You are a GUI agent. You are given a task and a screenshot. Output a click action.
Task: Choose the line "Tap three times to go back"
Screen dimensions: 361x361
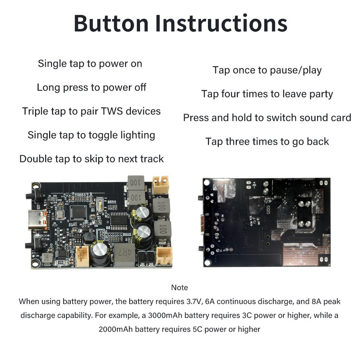[x=267, y=142]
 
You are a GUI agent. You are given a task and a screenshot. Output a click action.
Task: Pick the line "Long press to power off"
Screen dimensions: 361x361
[x=91, y=87]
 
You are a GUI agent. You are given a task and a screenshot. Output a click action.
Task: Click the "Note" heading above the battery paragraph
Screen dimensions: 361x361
[x=179, y=288]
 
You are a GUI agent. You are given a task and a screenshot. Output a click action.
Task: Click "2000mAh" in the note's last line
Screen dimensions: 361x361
[x=116, y=329]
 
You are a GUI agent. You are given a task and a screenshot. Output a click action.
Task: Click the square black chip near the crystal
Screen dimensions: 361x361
[x=78, y=212]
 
